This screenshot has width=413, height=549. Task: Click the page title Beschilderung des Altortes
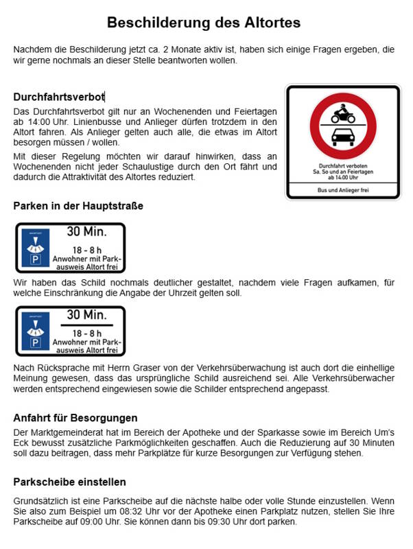pyautogui.click(x=204, y=23)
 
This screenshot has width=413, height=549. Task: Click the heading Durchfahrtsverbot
pyautogui.click(x=58, y=97)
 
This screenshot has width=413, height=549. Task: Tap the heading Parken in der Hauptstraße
pyautogui.click(x=78, y=206)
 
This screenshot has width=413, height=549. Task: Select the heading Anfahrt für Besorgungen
pyautogui.click(x=75, y=418)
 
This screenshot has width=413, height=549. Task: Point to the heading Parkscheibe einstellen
pyautogui.click(x=69, y=482)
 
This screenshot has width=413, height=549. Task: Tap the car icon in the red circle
pyautogui.click(x=342, y=138)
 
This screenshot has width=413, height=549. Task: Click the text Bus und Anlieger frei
pyautogui.click(x=342, y=189)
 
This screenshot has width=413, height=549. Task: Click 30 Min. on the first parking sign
pyautogui.click(x=86, y=233)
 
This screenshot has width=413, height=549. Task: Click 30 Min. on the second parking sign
pyautogui.click(x=86, y=315)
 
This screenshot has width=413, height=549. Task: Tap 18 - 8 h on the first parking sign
pyautogui.click(x=86, y=250)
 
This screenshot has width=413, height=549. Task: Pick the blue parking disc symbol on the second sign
pyautogui.click(x=35, y=331)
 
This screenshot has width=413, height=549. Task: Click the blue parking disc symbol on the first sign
pyautogui.click(x=35, y=248)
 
